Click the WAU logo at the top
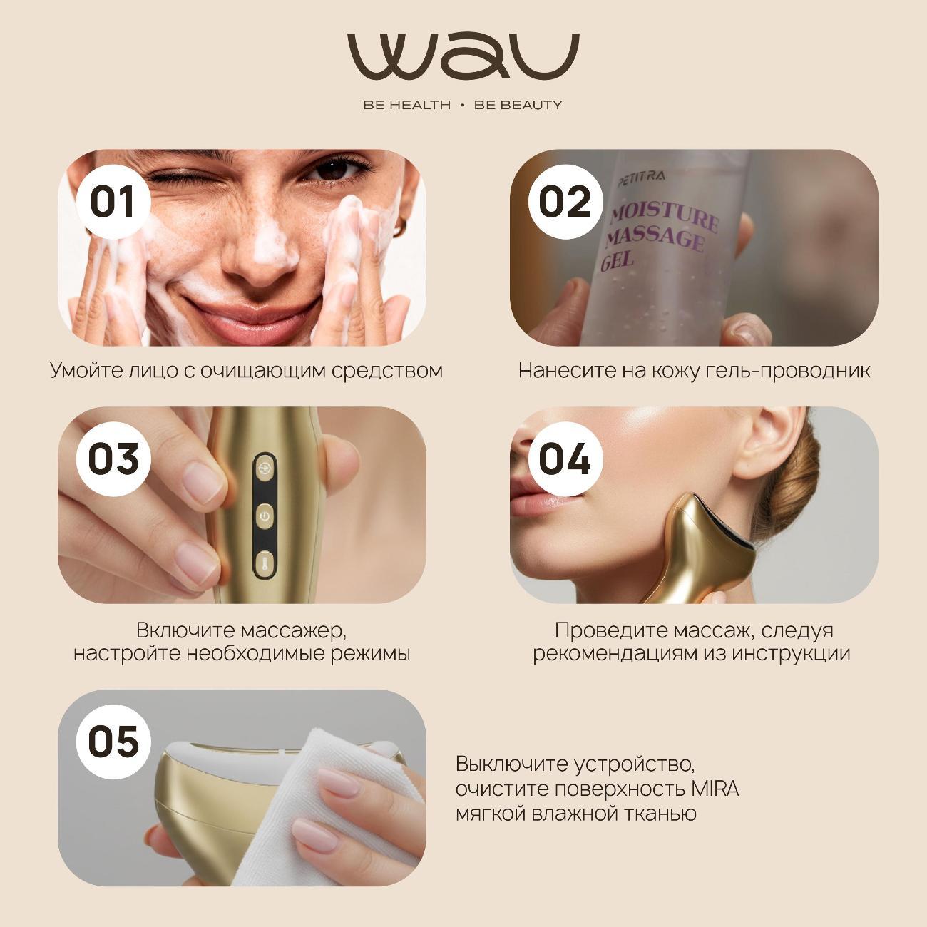coord(463,57)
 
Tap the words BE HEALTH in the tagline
coord(407,105)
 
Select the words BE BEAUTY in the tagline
coord(518,105)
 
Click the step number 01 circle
coord(113,202)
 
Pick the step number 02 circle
coord(565,202)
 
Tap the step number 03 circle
coord(113,459)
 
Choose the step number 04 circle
coord(565,459)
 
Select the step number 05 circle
coord(113,742)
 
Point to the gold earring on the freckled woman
coord(400,227)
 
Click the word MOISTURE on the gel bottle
coord(665,218)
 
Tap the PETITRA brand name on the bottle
coord(641,179)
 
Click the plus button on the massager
coord(265,468)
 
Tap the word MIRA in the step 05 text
coord(715,789)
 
